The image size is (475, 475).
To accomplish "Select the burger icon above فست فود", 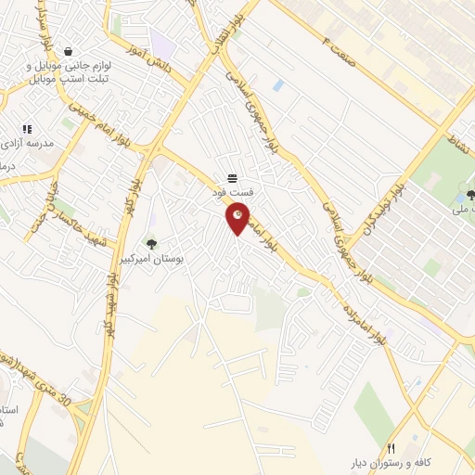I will pos(232,178).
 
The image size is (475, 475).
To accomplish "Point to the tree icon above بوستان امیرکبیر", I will pos(151,244).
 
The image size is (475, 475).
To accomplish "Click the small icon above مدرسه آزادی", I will pos(26,129).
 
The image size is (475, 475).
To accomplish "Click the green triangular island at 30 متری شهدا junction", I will pos(83,407).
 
